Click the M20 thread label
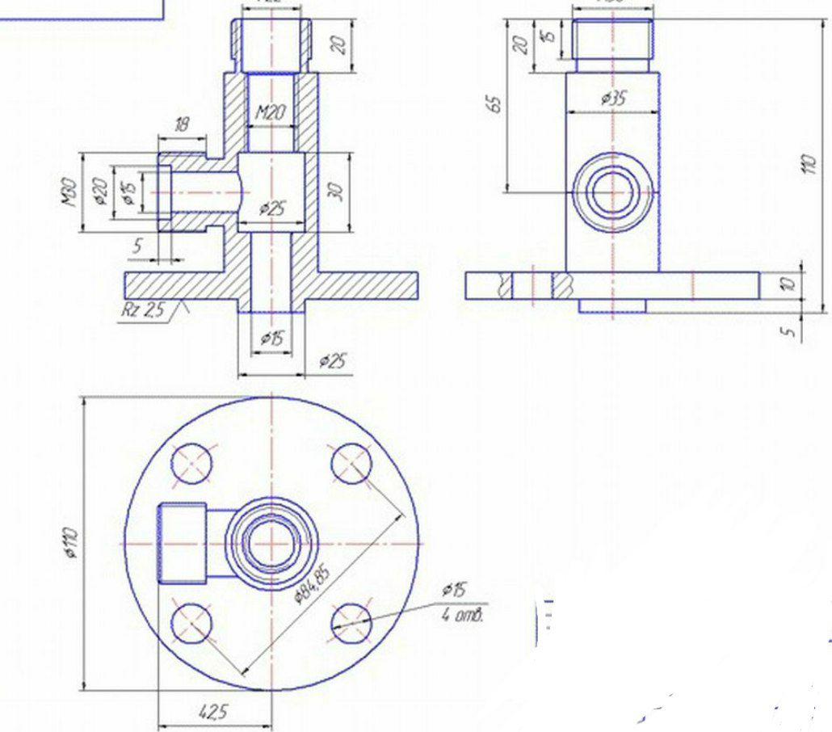point(271,114)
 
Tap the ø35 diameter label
point(613,99)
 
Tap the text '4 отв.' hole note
point(463,616)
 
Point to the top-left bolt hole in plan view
point(192,464)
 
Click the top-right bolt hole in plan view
point(352,464)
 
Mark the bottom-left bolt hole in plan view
point(192,624)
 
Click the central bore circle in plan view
point(272,543)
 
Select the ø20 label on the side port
point(100,191)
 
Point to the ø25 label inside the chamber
point(272,208)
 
